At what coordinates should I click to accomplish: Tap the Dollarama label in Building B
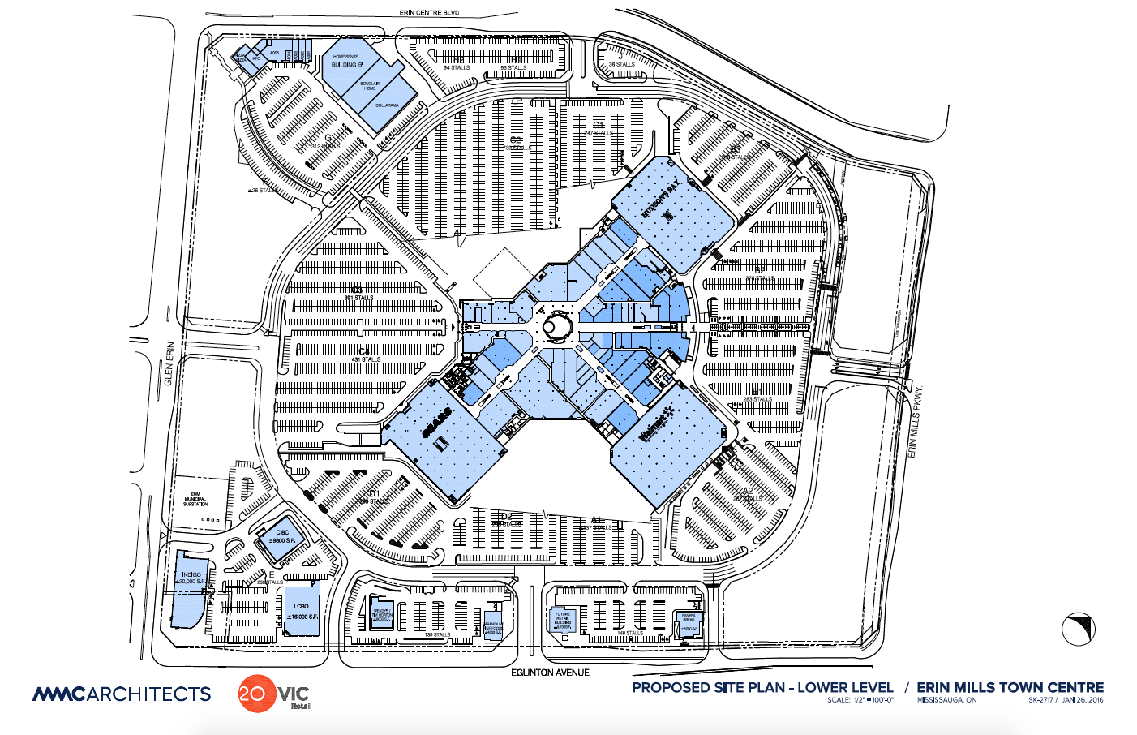[x=387, y=105]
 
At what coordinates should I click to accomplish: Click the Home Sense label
[x=345, y=56]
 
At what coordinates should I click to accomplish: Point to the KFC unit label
[x=256, y=58]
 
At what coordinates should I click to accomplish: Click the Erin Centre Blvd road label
[x=430, y=13]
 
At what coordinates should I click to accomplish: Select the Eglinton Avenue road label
[x=550, y=673]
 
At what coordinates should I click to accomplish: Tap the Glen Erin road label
[x=169, y=363]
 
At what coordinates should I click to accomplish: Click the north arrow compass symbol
[x=1079, y=629]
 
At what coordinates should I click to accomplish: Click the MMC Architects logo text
[x=122, y=694]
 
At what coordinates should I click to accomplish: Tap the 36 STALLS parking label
[x=622, y=64]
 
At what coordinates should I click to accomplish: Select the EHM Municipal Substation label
[x=195, y=499]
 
